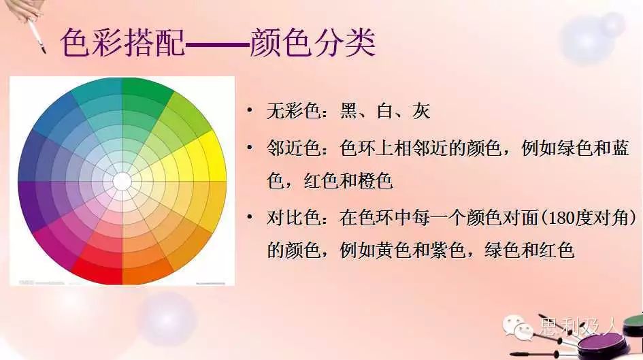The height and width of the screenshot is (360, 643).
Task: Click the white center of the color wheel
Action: [122, 181]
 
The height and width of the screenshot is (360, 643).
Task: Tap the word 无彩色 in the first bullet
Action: [294, 111]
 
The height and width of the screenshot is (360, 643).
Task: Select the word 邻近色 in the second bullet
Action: [294, 148]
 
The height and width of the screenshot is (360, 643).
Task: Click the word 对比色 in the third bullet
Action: [294, 218]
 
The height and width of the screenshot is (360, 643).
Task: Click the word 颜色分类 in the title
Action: [312, 42]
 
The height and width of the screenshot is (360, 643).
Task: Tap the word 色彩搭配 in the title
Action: [122, 42]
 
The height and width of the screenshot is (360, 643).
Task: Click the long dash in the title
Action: [217, 43]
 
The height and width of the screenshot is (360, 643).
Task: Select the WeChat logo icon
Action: [518, 327]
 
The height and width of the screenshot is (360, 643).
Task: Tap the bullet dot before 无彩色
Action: [250, 110]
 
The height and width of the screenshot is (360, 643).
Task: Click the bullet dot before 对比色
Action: [250, 217]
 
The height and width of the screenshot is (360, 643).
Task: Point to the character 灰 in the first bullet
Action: [421, 111]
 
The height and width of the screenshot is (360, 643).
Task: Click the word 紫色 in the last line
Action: [448, 250]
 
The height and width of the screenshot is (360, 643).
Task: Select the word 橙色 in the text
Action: [375, 180]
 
